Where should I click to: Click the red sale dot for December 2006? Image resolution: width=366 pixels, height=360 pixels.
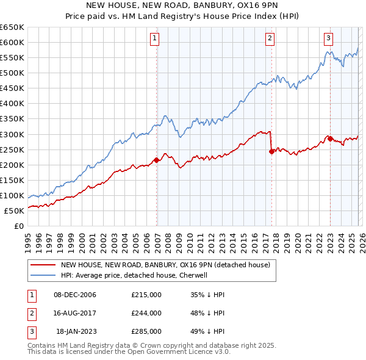(x=157, y=160)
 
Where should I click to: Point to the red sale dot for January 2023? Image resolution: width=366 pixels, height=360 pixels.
(x=330, y=139)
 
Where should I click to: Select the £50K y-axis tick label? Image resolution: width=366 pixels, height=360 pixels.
(x=15, y=211)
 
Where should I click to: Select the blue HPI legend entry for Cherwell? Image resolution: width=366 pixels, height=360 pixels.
(x=134, y=275)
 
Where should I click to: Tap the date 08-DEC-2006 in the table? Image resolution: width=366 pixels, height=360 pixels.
(x=75, y=295)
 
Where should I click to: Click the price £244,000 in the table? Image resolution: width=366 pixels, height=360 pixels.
(x=146, y=313)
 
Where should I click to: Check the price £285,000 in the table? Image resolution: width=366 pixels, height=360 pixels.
(x=146, y=331)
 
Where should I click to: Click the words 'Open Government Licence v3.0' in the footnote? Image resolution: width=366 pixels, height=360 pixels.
(x=177, y=352)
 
